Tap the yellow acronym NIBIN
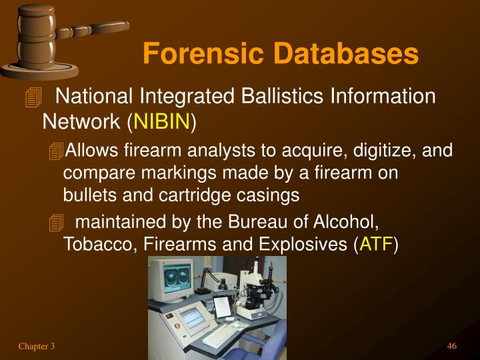pyautogui.click(x=163, y=122)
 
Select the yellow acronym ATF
pyautogui.click(x=377, y=245)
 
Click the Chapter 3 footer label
pyautogui.click(x=37, y=345)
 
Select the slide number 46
pyautogui.click(x=451, y=345)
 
